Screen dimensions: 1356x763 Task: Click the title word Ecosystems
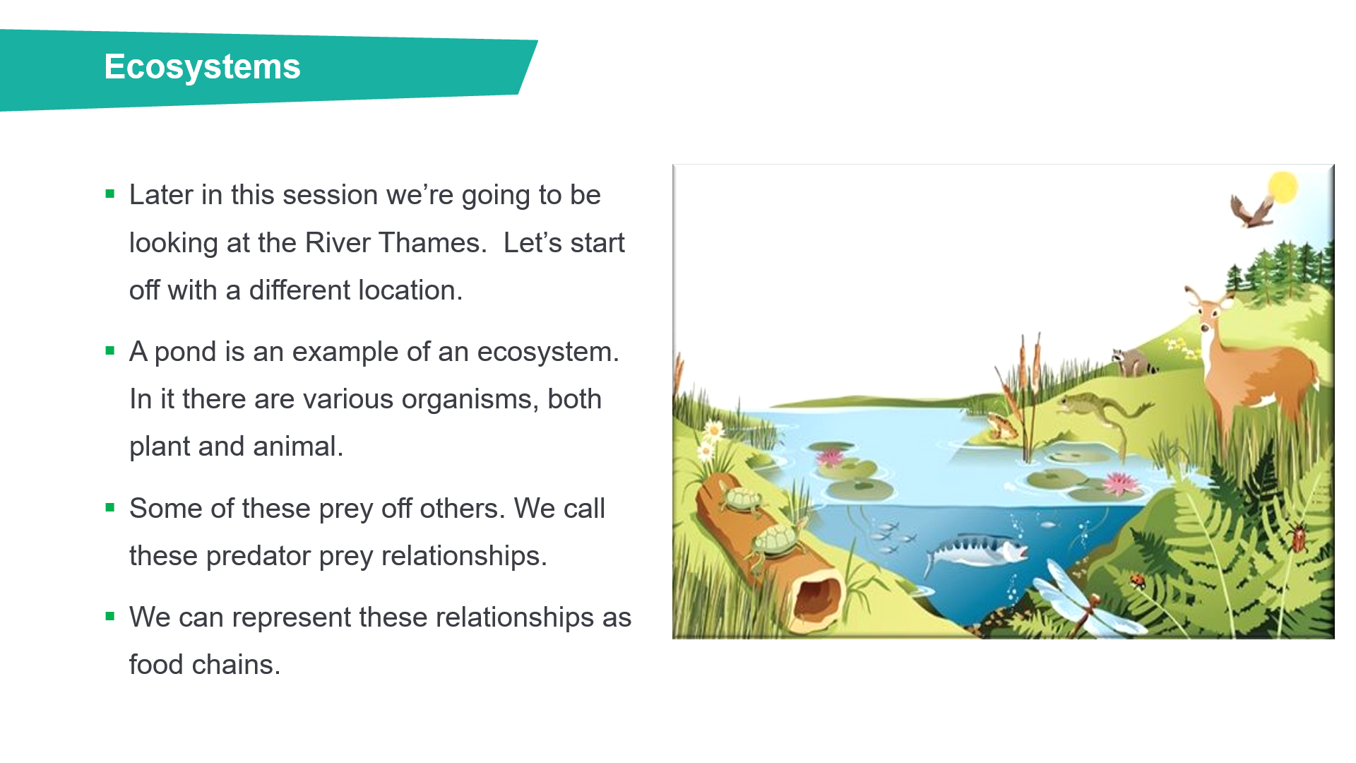tap(202, 67)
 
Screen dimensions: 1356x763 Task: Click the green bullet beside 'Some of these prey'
tap(109, 507)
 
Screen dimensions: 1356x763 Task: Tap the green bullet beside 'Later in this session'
tap(109, 194)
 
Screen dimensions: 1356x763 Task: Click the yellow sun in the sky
tap(1283, 187)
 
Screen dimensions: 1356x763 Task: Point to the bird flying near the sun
tap(1251, 211)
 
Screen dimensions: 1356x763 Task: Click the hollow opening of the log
tap(816, 600)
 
